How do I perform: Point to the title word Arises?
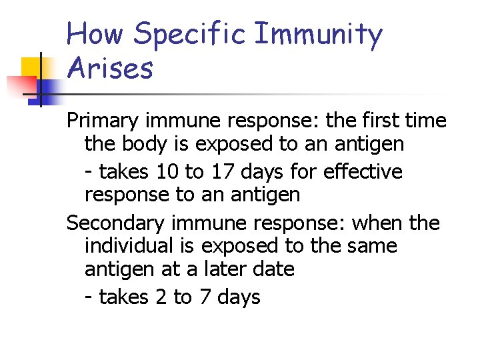click(x=110, y=68)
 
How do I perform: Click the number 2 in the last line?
click(x=161, y=297)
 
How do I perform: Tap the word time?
click(x=427, y=121)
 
